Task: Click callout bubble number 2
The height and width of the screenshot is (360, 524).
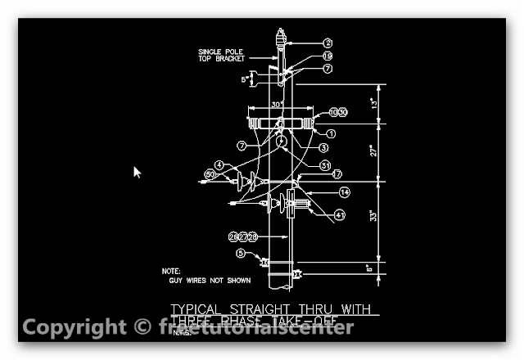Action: (327, 43)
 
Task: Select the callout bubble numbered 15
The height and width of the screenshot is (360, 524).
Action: (327, 56)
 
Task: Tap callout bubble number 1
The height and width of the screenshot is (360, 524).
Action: (331, 133)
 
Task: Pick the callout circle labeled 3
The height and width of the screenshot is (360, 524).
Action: (323, 148)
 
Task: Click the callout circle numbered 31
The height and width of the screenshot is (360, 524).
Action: (325, 164)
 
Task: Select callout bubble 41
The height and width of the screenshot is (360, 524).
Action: (340, 215)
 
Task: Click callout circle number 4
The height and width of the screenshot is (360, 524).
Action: (219, 164)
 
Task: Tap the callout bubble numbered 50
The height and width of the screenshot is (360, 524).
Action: (210, 174)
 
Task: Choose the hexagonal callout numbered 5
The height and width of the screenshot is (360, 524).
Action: (240, 254)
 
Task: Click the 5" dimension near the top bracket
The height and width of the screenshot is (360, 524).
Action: (244, 79)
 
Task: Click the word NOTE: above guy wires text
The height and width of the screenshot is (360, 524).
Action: (170, 270)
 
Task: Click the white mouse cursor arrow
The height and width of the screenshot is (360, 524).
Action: (137, 172)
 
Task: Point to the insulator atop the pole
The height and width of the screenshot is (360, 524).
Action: (280, 37)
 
